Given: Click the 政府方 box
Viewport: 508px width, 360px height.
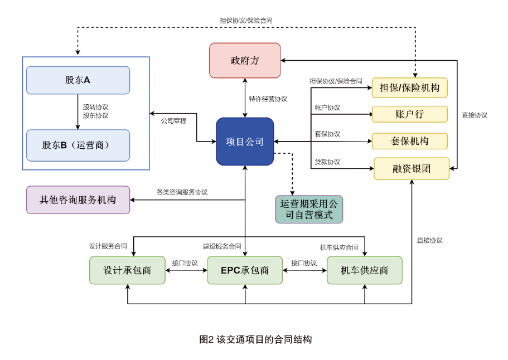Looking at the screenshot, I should point(245,60).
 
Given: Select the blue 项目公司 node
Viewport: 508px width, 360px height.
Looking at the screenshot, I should point(245,142).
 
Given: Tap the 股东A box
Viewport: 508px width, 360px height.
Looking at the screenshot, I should point(78,80).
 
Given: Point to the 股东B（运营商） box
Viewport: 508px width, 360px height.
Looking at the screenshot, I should point(78,145).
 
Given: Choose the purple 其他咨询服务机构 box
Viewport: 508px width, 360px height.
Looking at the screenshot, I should point(78,200).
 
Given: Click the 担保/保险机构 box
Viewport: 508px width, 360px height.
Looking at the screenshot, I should point(410,87).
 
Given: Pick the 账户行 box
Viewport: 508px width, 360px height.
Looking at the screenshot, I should point(410,114).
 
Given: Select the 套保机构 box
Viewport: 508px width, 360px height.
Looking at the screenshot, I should point(410,141).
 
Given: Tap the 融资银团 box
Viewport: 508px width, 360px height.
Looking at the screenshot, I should point(412,168).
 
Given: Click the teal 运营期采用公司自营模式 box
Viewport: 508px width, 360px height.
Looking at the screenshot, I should point(309,210).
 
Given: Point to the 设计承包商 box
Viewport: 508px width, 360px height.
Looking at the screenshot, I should point(127,270).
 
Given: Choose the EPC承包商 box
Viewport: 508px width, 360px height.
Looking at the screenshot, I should point(245,270).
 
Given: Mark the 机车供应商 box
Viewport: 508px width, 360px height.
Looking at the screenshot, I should point(365,270).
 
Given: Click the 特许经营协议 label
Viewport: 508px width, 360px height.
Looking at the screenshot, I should point(268,99).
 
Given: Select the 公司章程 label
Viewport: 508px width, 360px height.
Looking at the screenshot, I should point(173,120).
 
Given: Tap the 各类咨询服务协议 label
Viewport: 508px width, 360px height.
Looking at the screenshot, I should point(182,192).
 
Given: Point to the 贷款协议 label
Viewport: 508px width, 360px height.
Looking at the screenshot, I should point(327,162).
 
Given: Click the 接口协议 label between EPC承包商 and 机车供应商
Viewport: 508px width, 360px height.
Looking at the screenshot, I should point(304,263).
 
